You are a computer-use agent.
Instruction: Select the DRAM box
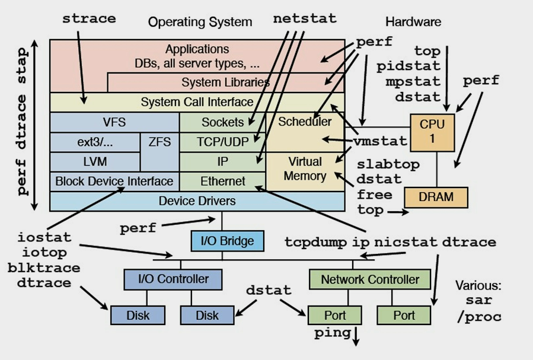(x=436, y=197)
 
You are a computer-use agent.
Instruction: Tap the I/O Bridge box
(x=226, y=241)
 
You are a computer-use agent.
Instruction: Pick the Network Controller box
(x=370, y=279)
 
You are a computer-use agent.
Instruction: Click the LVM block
(x=95, y=161)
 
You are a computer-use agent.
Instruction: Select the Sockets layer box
(x=222, y=122)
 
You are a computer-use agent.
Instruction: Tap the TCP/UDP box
(x=222, y=142)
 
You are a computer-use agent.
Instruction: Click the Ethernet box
(x=222, y=181)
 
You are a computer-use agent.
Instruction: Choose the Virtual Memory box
(x=305, y=169)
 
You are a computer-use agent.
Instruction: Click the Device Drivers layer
(x=197, y=200)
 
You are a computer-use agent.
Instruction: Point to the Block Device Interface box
(x=114, y=181)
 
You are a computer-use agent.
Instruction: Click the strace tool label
(x=89, y=18)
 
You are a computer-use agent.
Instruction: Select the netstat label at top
(x=305, y=18)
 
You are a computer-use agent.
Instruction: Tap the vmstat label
(x=380, y=141)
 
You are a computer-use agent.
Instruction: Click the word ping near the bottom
(x=332, y=332)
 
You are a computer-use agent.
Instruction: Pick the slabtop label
(x=388, y=164)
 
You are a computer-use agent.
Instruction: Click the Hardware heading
(x=413, y=22)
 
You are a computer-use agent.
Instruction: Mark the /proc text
(x=479, y=316)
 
